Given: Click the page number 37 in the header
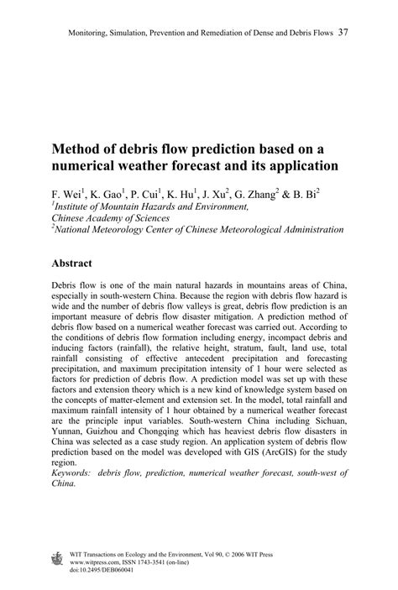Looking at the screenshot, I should pyautogui.click(x=344, y=34).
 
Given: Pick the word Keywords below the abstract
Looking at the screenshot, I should pyautogui.click(x=75, y=474).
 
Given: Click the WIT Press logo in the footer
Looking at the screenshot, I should pyautogui.click(x=58, y=558).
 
